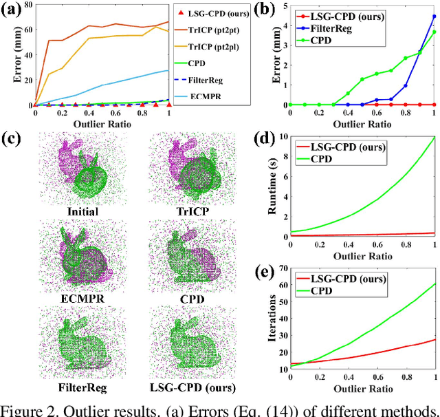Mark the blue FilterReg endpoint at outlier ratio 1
pyautogui.click(x=434, y=17)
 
